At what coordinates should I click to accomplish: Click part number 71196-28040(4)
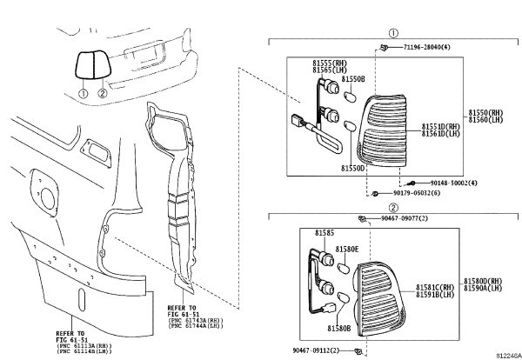pos(427,47)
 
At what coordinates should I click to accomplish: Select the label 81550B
pos(353,79)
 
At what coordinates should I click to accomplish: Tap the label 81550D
pos(353,169)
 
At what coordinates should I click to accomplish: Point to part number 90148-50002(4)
pos(454,183)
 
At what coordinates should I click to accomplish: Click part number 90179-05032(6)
pos(417,193)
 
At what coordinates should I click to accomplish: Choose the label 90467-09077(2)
pos(405,218)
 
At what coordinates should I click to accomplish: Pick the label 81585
pos(325,233)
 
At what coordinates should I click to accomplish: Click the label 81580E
pos(347,250)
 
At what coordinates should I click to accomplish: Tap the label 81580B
pos(339,329)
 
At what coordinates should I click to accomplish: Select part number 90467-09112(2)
pos(317,350)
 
